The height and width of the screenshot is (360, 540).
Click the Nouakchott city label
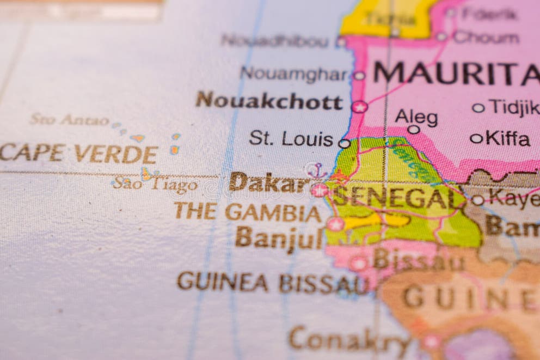(269, 101)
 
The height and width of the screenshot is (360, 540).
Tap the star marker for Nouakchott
(359, 107)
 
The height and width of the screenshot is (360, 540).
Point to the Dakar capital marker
(319, 190)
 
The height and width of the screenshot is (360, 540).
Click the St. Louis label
(291, 139)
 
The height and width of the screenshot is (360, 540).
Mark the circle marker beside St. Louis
(344, 144)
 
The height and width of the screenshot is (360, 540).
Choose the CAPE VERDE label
(79, 154)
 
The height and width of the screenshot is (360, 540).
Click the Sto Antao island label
(69, 120)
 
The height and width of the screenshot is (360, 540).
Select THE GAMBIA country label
(247, 211)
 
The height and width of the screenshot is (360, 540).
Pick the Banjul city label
(279, 237)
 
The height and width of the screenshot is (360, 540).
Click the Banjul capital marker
(335, 224)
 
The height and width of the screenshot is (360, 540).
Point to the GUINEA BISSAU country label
(272, 283)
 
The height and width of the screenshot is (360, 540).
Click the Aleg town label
(416, 117)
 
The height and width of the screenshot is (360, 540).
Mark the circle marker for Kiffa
(476, 138)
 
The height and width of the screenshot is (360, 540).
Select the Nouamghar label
(294, 74)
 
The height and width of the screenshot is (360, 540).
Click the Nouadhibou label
(275, 41)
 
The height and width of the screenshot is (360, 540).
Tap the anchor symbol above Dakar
(316, 171)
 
